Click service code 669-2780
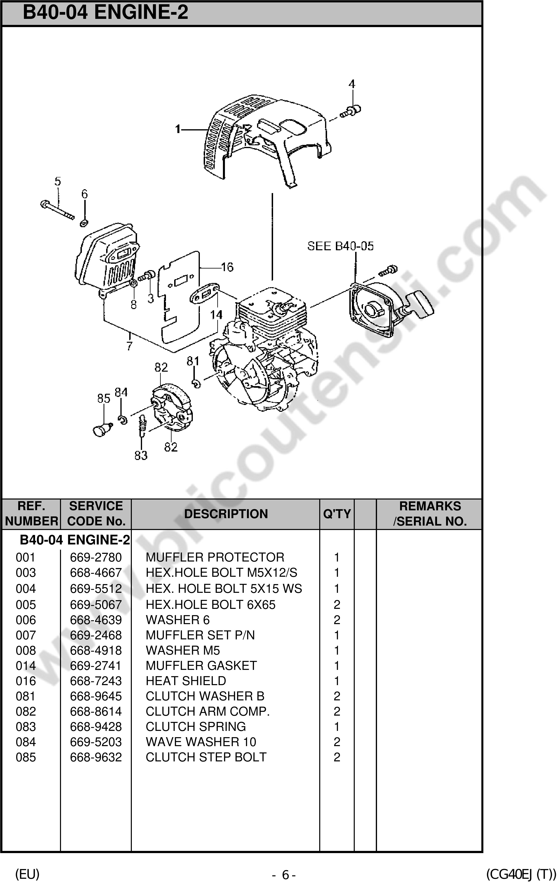click(96, 557)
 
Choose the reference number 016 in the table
click(26, 681)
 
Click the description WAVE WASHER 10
click(201, 742)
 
